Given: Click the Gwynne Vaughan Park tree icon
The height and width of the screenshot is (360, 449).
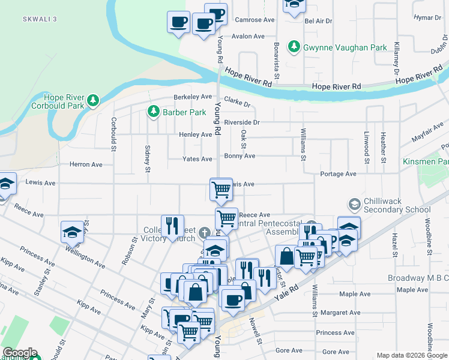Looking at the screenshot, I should click(294, 46).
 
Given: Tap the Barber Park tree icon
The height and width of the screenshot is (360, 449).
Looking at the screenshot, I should click(153, 112).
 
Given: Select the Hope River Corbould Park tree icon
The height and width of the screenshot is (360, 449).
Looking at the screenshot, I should click(92, 100).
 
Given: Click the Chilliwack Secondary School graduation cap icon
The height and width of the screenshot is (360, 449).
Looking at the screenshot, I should click(354, 205).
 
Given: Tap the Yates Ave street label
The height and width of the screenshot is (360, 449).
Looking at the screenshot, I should click(197, 159).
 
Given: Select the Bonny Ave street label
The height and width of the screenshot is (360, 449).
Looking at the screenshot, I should click(240, 156).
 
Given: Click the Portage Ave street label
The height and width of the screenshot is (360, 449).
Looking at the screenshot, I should click(339, 174).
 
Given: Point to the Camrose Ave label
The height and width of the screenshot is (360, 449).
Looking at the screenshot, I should click(255, 20).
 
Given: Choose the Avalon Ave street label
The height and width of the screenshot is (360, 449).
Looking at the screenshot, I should click(248, 36).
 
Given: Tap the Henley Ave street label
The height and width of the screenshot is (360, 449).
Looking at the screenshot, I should click(195, 134).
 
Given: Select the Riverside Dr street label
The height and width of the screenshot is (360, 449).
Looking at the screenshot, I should click(241, 122).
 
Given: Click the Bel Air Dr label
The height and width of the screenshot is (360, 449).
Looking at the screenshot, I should click(318, 21).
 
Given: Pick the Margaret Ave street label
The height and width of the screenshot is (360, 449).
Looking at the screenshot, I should click(341, 313).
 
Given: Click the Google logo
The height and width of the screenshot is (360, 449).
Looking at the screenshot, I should click(19, 353).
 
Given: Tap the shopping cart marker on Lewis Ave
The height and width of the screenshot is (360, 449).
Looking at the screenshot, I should click(221, 189).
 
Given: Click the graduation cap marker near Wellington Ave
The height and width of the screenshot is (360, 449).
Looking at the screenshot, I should click(72, 232).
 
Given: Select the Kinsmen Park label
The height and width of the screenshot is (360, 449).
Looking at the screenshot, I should click(427, 162).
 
